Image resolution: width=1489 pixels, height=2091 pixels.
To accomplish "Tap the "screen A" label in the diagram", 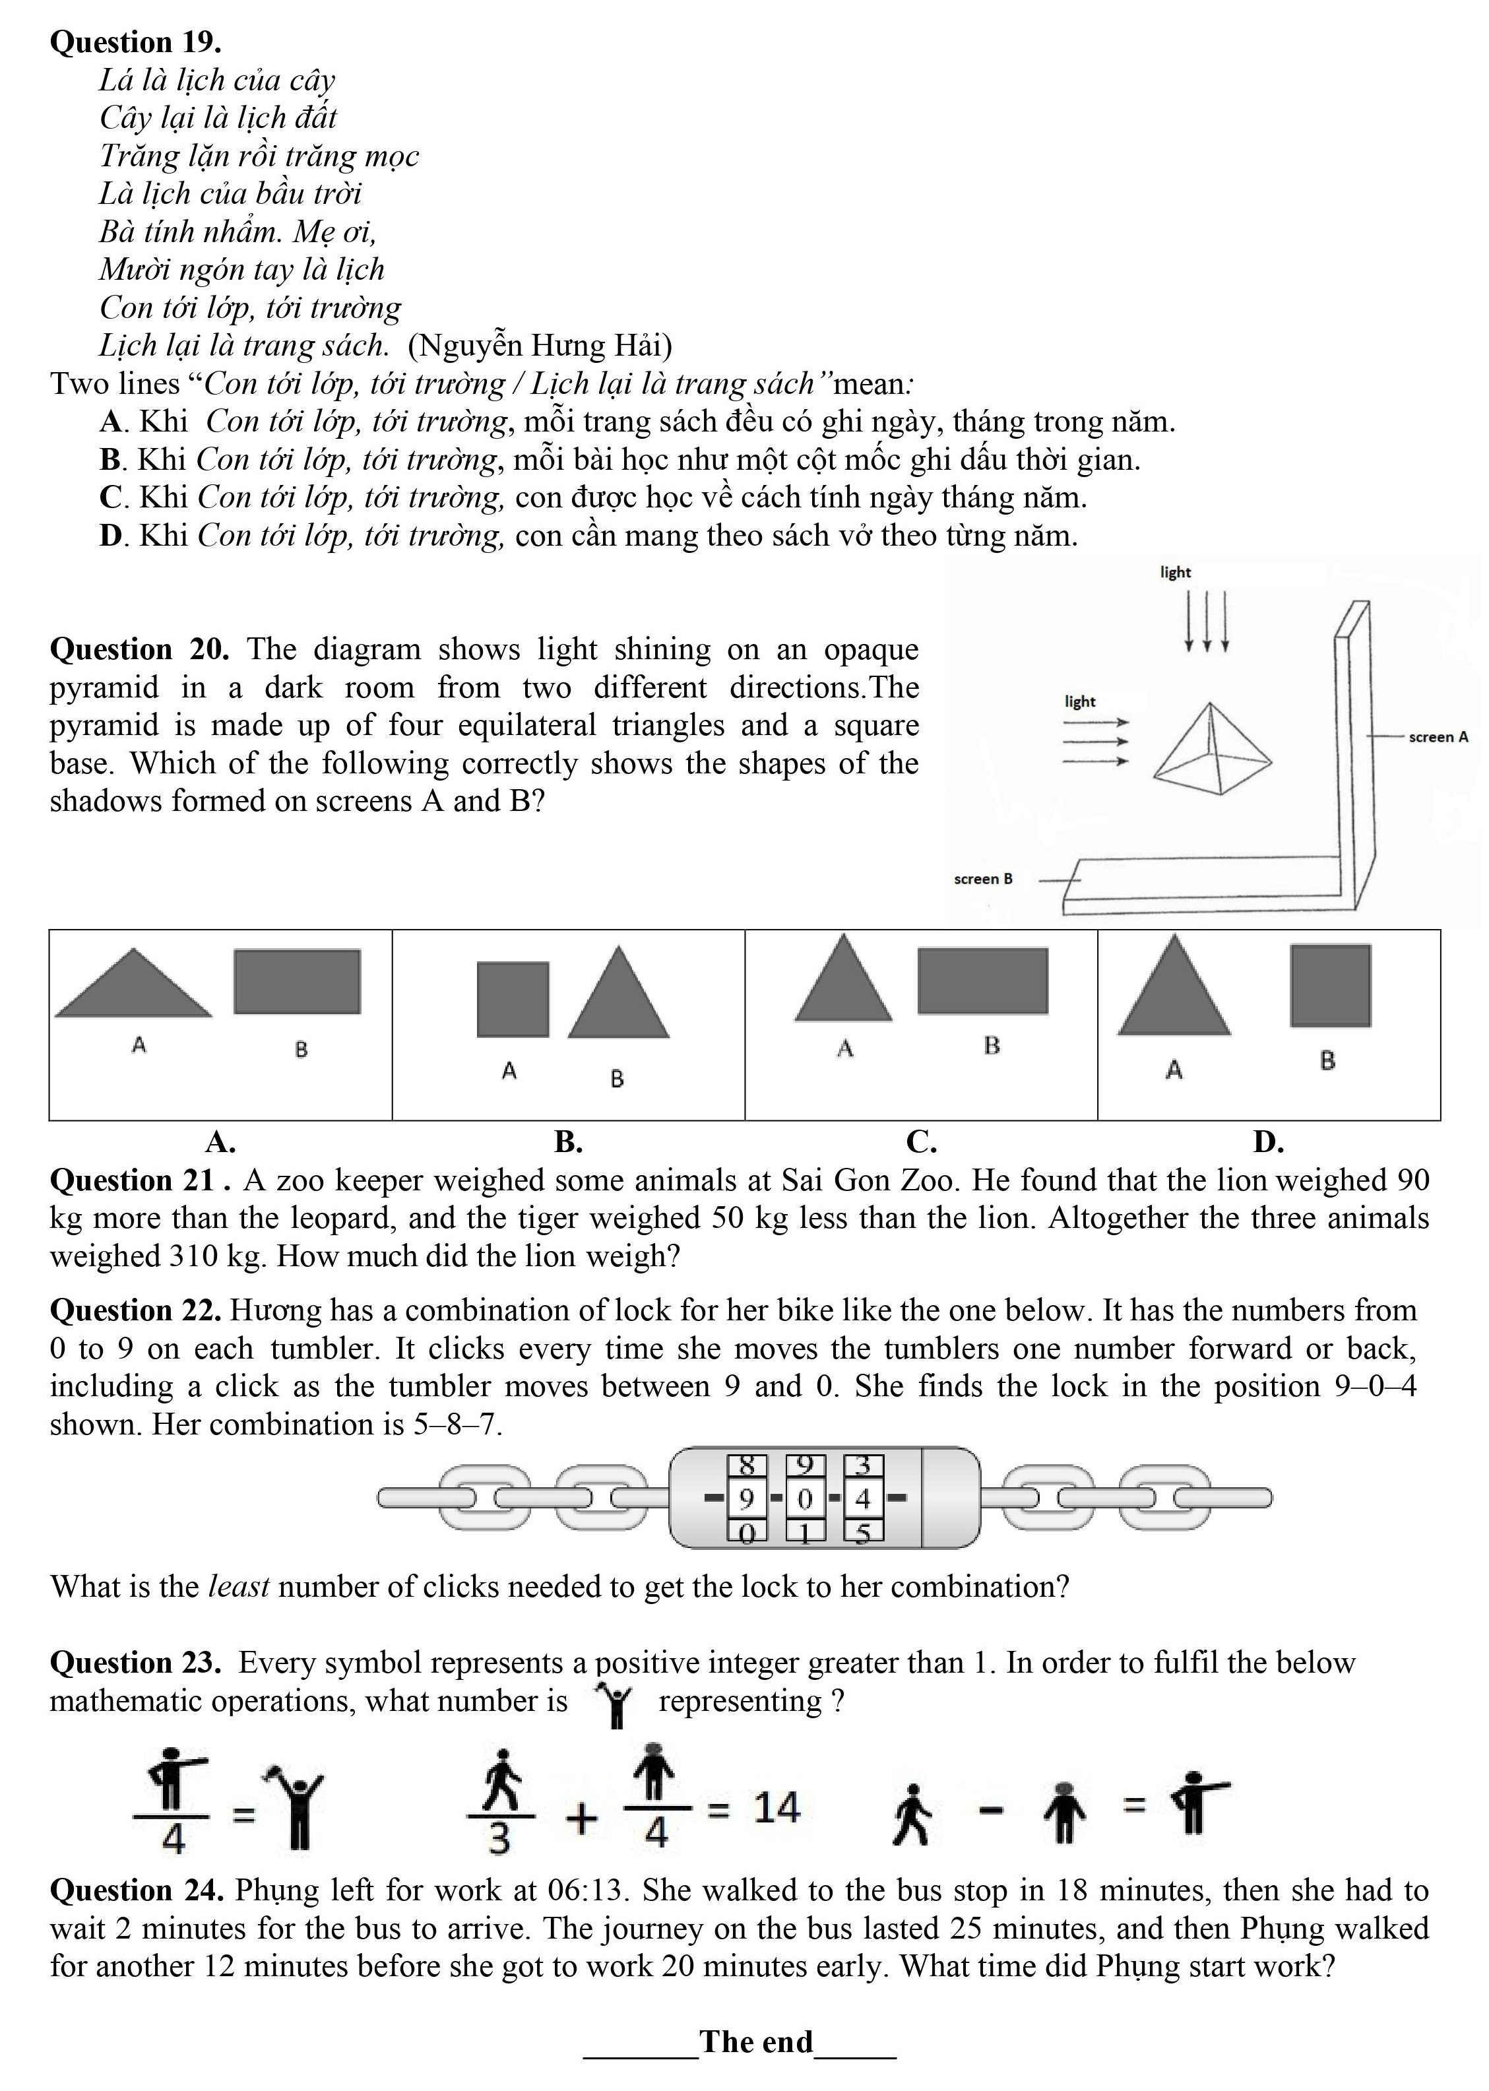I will click(1438, 736).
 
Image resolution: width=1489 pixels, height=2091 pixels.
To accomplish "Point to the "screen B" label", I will click(983, 879).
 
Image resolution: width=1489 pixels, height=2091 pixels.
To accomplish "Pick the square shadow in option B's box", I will click(513, 999).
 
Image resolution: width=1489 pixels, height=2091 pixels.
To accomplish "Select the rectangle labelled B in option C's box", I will click(982, 981).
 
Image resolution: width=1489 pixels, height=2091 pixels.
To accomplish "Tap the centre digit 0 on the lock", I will click(805, 1498).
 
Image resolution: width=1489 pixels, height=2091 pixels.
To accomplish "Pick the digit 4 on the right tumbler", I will click(862, 1498).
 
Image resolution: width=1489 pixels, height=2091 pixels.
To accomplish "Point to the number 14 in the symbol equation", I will click(776, 1808).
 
